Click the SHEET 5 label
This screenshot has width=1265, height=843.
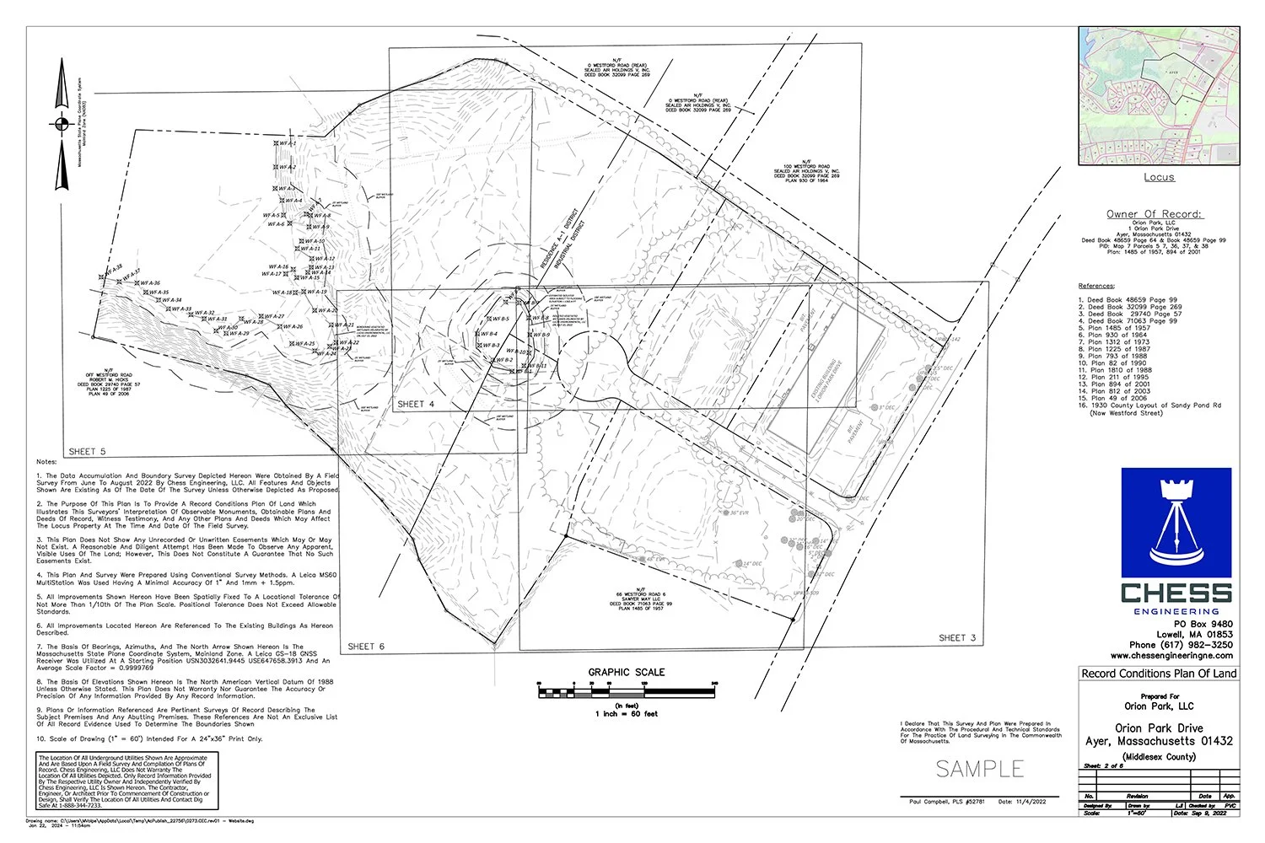pyautogui.click(x=88, y=451)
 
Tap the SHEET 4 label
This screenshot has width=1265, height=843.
pyautogui.click(x=416, y=405)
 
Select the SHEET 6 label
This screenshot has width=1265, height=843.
pyautogui.click(x=366, y=647)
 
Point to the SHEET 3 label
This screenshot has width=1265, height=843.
pyautogui.click(x=957, y=638)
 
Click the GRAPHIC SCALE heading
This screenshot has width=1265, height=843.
pyautogui.click(x=627, y=672)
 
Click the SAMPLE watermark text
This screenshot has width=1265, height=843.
pyautogui.click(x=980, y=769)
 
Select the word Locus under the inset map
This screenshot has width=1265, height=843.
pyautogui.click(x=1159, y=177)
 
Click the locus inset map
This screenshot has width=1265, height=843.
pyautogui.click(x=1159, y=95)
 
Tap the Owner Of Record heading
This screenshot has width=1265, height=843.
pyautogui.click(x=1154, y=214)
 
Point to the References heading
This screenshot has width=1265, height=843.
pyautogui.click(x=1096, y=286)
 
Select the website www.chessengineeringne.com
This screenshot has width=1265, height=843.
pyautogui.click(x=1171, y=655)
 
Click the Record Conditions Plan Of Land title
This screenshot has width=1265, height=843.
pyautogui.click(x=1159, y=674)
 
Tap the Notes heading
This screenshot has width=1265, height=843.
pyautogui.click(x=46, y=462)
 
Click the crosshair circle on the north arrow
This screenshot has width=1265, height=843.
pyautogui.click(x=61, y=125)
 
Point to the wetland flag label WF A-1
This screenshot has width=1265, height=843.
pyautogui.click(x=288, y=144)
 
